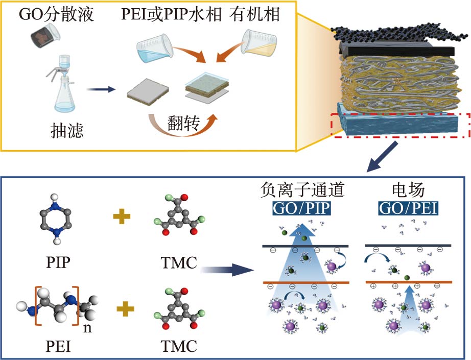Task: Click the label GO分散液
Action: [56, 15]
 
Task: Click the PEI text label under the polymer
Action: [57, 347]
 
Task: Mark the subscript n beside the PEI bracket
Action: [87, 327]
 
